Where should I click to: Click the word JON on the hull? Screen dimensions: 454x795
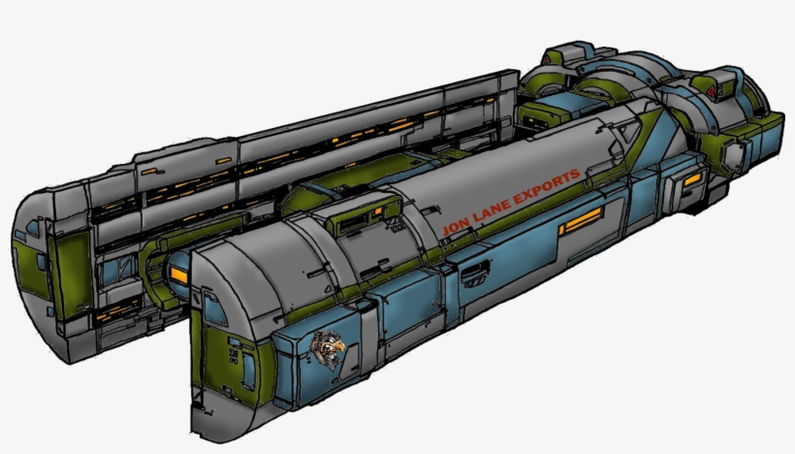(x=453, y=227)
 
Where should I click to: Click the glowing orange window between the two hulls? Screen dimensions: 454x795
(x=179, y=276)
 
